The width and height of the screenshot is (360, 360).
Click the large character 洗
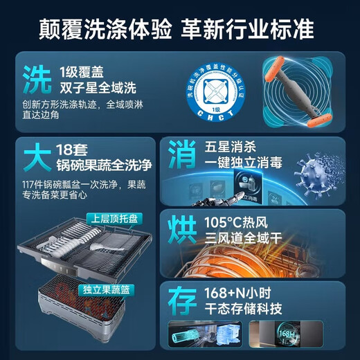coord(36,80)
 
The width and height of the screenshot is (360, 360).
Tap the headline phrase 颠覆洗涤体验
coord(105,29)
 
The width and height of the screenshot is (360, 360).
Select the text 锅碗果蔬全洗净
coord(104,166)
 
